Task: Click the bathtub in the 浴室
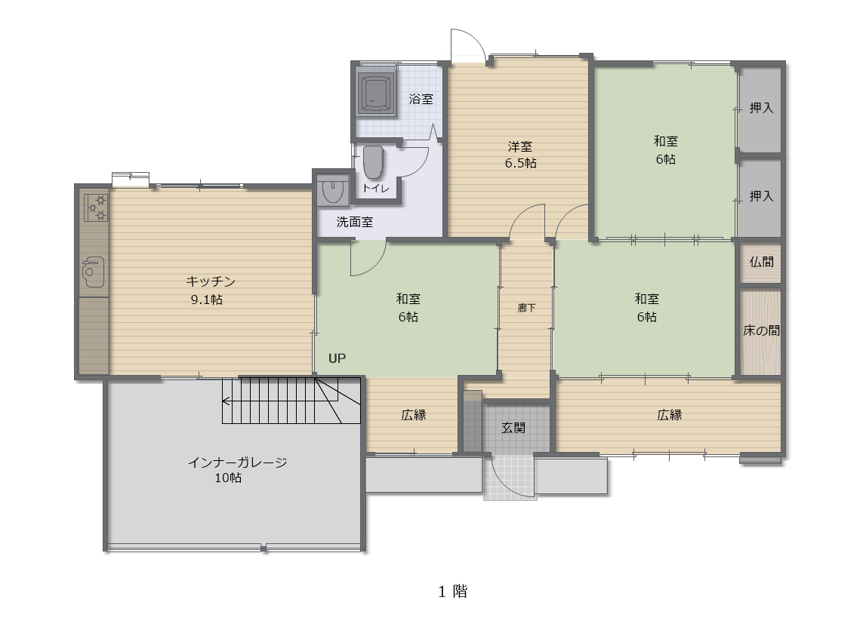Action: coord(377,92)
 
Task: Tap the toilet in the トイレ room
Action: coord(373,162)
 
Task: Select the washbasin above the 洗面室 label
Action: coord(332,190)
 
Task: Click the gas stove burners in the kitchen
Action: coord(97,207)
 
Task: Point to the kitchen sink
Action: coord(92,272)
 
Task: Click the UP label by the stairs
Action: coord(337,358)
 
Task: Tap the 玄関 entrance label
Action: coord(513,427)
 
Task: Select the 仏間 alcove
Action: coord(760,263)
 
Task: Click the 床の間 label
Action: coord(761,330)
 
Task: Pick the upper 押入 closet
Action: coord(760,109)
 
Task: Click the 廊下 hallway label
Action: coord(526,308)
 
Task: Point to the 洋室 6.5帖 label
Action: coord(520,155)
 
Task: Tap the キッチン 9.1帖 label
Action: coord(210,290)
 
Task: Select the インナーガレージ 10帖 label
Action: coord(236,470)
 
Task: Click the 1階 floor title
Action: coord(452,592)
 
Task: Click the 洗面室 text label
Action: coord(354,222)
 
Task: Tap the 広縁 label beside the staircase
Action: coord(413,415)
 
